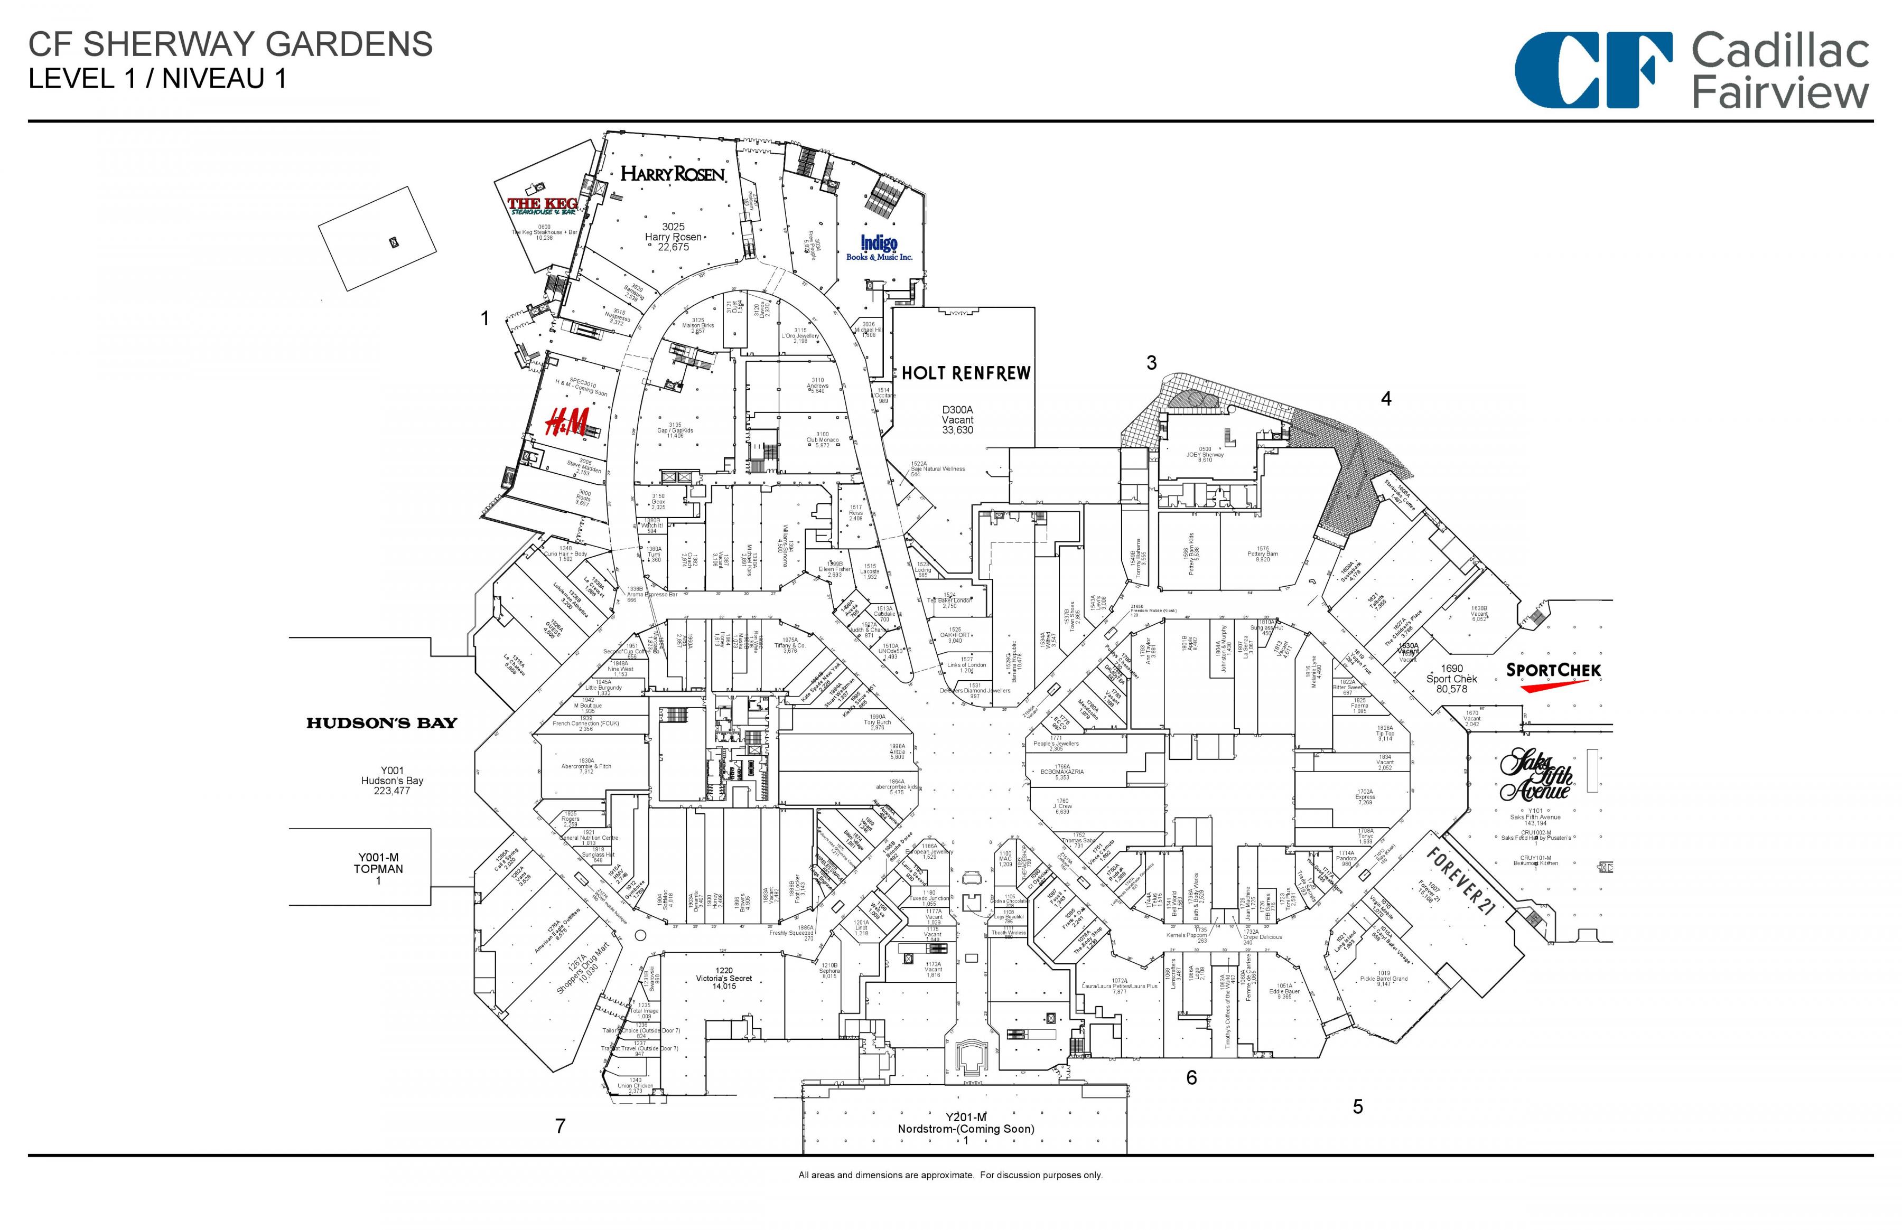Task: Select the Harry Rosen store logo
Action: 673,173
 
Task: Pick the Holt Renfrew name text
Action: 966,373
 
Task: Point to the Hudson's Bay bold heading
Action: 382,724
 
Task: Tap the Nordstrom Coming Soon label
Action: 966,1129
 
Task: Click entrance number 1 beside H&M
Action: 484,318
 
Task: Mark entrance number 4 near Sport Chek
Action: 1386,399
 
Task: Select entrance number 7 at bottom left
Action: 561,1126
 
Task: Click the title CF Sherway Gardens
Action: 231,45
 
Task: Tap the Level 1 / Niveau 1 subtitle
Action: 157,79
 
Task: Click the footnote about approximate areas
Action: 950,1175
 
